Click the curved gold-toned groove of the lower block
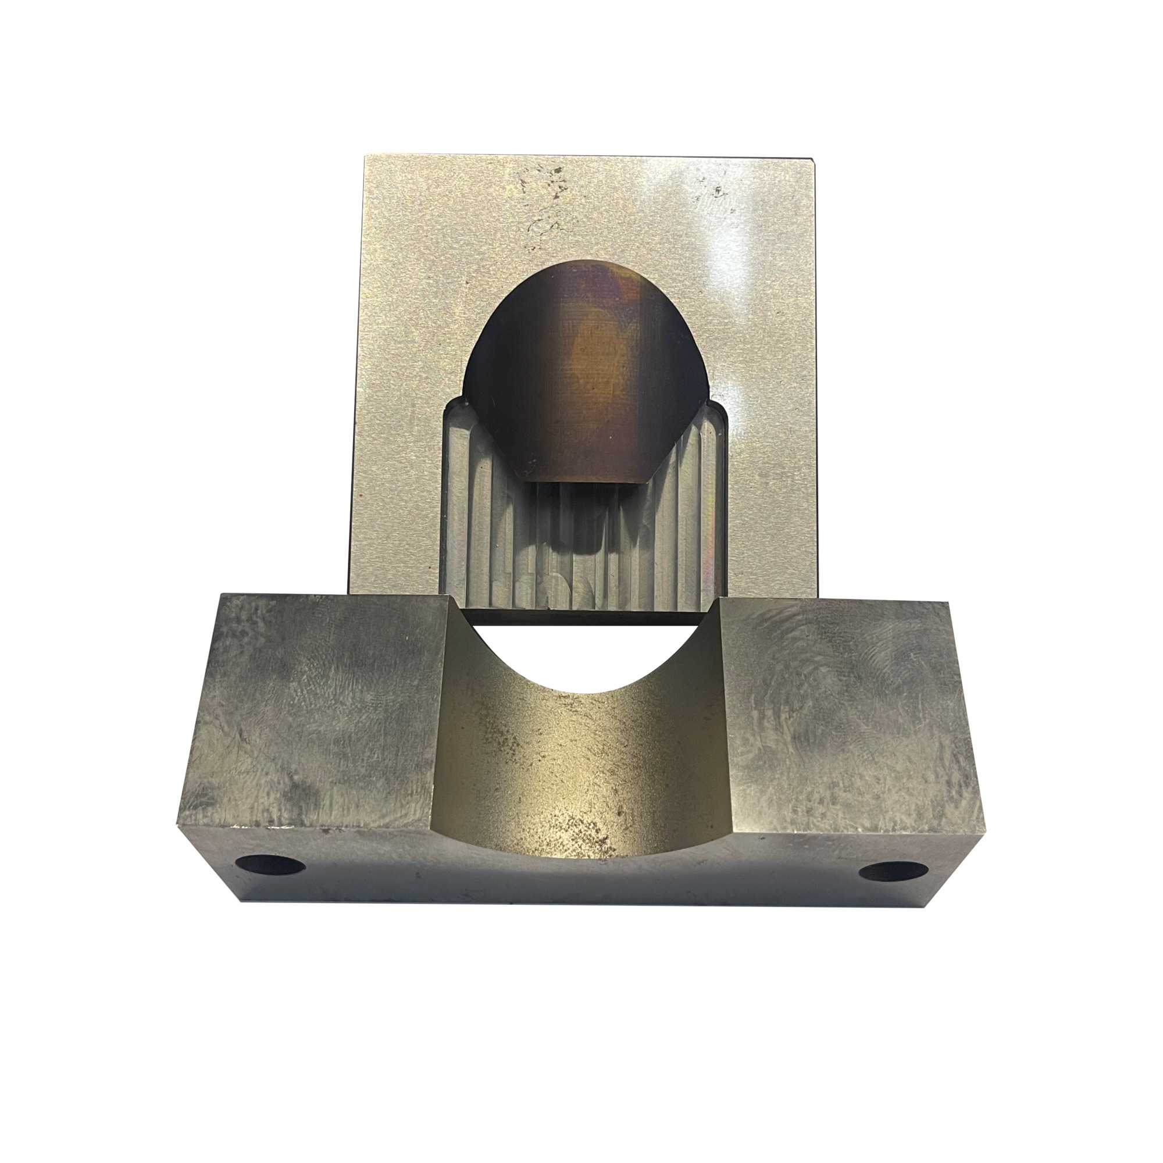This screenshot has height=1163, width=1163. click(x=581, y=752)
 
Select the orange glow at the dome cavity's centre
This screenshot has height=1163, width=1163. click(x=596, y=349)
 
